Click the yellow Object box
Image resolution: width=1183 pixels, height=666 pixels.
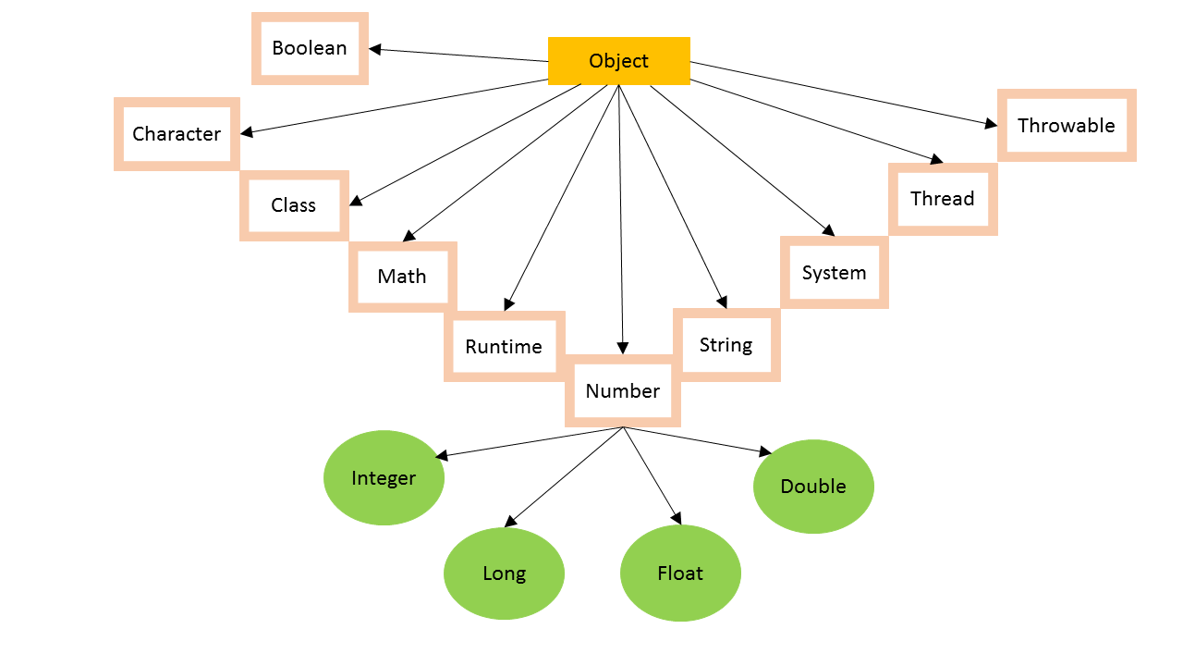pos(618,61)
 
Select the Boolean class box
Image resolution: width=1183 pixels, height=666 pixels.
pos(310,48)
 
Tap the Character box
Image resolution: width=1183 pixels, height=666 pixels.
pos(177,134)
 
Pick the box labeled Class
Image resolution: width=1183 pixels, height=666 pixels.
pos(294,205)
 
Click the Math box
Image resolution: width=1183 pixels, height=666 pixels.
pos(402,277)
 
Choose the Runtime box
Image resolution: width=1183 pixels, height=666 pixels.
pos(504,347)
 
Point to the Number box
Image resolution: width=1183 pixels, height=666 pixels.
pos(623,391)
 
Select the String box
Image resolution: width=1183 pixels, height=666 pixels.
pos(726,345)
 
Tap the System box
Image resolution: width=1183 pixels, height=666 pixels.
pos(834,273)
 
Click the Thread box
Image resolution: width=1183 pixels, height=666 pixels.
pos(943,199)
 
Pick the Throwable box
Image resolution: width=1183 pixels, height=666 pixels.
pos(1067,126)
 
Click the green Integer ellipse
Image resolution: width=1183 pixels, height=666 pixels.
pos(384,478)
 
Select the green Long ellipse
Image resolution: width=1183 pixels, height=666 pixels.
pos(504,573)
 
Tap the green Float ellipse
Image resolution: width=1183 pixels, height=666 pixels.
pos(680,573)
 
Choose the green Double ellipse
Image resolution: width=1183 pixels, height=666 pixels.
pos(813,487)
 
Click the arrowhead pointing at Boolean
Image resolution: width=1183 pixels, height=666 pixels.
pos(375,49)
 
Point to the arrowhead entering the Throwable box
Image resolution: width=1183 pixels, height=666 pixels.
pos(992,124)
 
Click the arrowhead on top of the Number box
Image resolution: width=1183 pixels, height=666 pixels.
pos(623,349)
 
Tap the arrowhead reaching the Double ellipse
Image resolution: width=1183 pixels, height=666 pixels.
pos(765,451)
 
